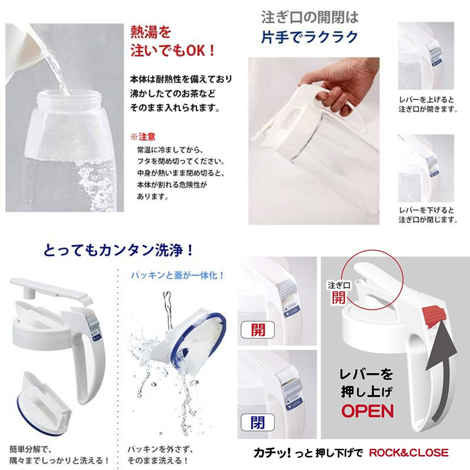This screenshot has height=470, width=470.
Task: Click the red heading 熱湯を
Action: click(x=151, y=32)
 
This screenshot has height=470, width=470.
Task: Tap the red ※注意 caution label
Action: click(x=143, y=137)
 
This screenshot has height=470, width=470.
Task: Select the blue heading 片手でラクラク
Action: click(x=310, y=37)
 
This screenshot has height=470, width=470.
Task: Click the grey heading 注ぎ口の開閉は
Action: click(x=310, y=17)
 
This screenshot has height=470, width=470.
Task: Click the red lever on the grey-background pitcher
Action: click(x=434, y=316)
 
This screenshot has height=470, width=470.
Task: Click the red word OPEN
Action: click(x=368, y=411)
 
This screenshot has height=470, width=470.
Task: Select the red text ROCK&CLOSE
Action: click(x=409, y=453)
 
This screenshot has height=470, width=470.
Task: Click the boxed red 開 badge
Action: click(x=258, y=330)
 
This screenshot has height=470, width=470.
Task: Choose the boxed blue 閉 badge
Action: click(x=258, y=423)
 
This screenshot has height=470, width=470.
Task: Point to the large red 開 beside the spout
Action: click(x=338, y=298)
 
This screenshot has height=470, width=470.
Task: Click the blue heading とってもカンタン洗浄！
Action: click(x=119, y=251)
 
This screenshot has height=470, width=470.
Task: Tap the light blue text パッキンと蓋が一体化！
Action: click(x=178, y=275)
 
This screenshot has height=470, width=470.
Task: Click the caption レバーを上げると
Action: click(x=426, y=100)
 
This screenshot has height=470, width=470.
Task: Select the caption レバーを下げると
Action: click(x=426, y=210)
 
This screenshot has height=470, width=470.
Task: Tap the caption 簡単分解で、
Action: click(x=31, y=449)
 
